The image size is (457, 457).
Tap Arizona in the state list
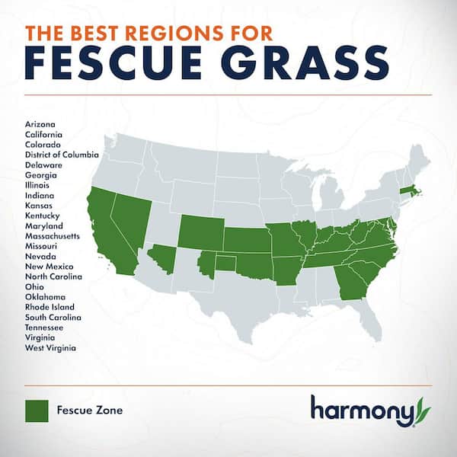40,124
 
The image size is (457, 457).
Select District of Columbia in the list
62,155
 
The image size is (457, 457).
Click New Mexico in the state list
49,267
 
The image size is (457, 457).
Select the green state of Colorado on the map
200,231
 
